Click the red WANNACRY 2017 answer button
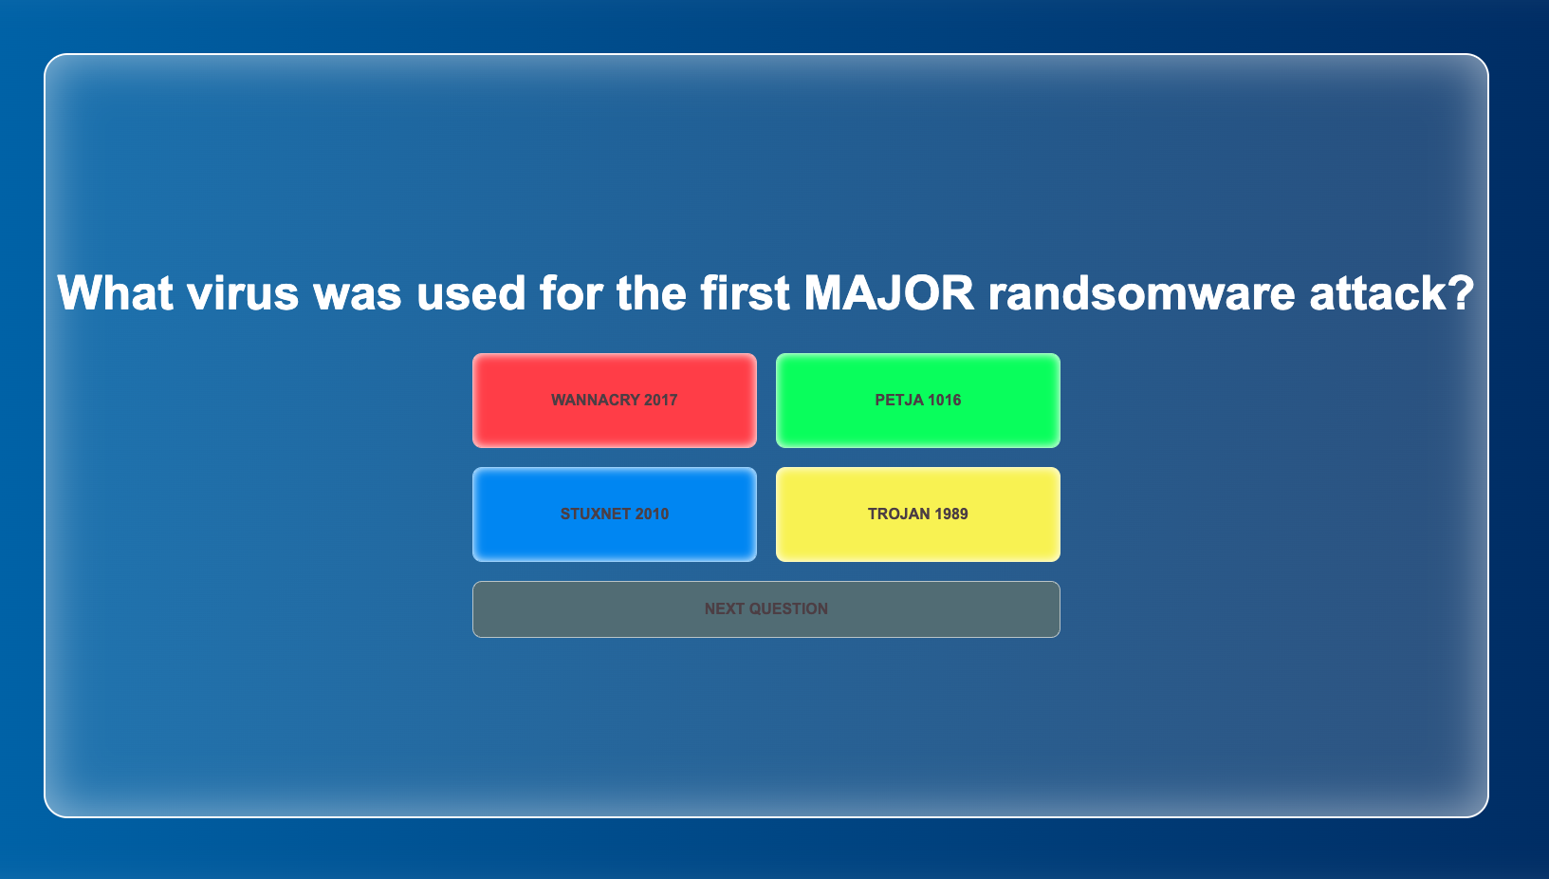pyautogui.click(x=614, y=400)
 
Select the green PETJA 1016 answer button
pyautogui.click(x=917, y=400)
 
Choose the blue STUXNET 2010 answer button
pyautogui.click(x=614, y=514)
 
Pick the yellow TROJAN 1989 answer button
pyautogui.click(x=917, y=514)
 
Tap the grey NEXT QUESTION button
pyautogui.click(x=766, y=609)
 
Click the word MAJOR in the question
pyautogui.click(x=890, y=292)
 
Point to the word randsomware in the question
pyautogui.click(x=1142, y=292)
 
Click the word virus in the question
pyautogui.click(x=242, y=292)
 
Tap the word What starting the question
pyautogui.click(x=115, y=292)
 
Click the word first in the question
pyautogui.click(x=745, y=292)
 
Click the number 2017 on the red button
pyautogui.click(x=660, y=400)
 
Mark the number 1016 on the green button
pyautogui.click(x=944, y=400)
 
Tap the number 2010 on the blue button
pyautogui.click(x=652, y=514)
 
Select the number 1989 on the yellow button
pyautogui.click(x=950, y=514)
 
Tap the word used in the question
pyautogui.click(x=470, y=292)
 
